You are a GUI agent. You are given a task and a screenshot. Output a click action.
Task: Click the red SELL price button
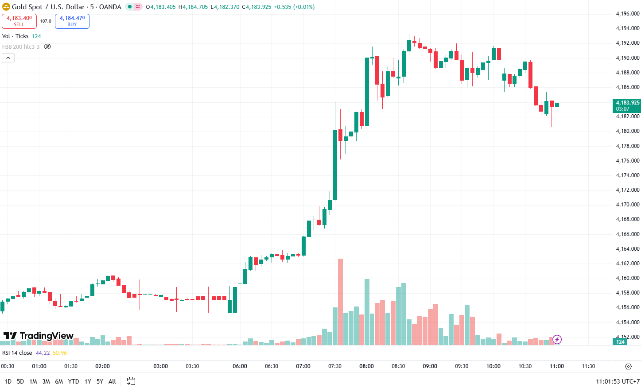19,21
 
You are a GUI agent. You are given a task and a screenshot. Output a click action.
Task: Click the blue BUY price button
72,21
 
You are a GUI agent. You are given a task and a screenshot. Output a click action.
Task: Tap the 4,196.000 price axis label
628,14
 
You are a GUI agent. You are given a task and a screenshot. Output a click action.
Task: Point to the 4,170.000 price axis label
628,205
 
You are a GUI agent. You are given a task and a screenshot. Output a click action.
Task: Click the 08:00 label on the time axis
366,366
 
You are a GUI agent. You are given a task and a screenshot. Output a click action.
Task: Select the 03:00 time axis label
160,366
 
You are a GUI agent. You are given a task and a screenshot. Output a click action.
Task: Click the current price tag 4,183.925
627,103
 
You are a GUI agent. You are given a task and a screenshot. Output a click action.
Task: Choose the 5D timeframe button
20,381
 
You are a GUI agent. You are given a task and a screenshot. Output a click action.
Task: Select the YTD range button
74,381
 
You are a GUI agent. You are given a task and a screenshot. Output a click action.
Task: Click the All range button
112,381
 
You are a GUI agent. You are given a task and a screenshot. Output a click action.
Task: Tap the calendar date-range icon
131,381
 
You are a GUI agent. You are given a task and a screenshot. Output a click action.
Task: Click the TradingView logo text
39,336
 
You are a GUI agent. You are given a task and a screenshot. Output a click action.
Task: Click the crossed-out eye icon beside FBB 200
47,47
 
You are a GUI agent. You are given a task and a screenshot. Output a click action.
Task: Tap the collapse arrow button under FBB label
8,58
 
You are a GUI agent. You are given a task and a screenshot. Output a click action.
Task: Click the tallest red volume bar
340,301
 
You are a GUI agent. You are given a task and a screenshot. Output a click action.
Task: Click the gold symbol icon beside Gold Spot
6,7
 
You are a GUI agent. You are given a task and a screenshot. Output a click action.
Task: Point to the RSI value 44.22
43,353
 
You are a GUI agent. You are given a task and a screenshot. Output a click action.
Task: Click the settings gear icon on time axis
628,366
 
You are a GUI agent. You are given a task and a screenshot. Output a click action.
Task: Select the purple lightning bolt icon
557,340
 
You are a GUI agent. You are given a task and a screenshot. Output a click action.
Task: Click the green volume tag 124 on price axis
620,341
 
